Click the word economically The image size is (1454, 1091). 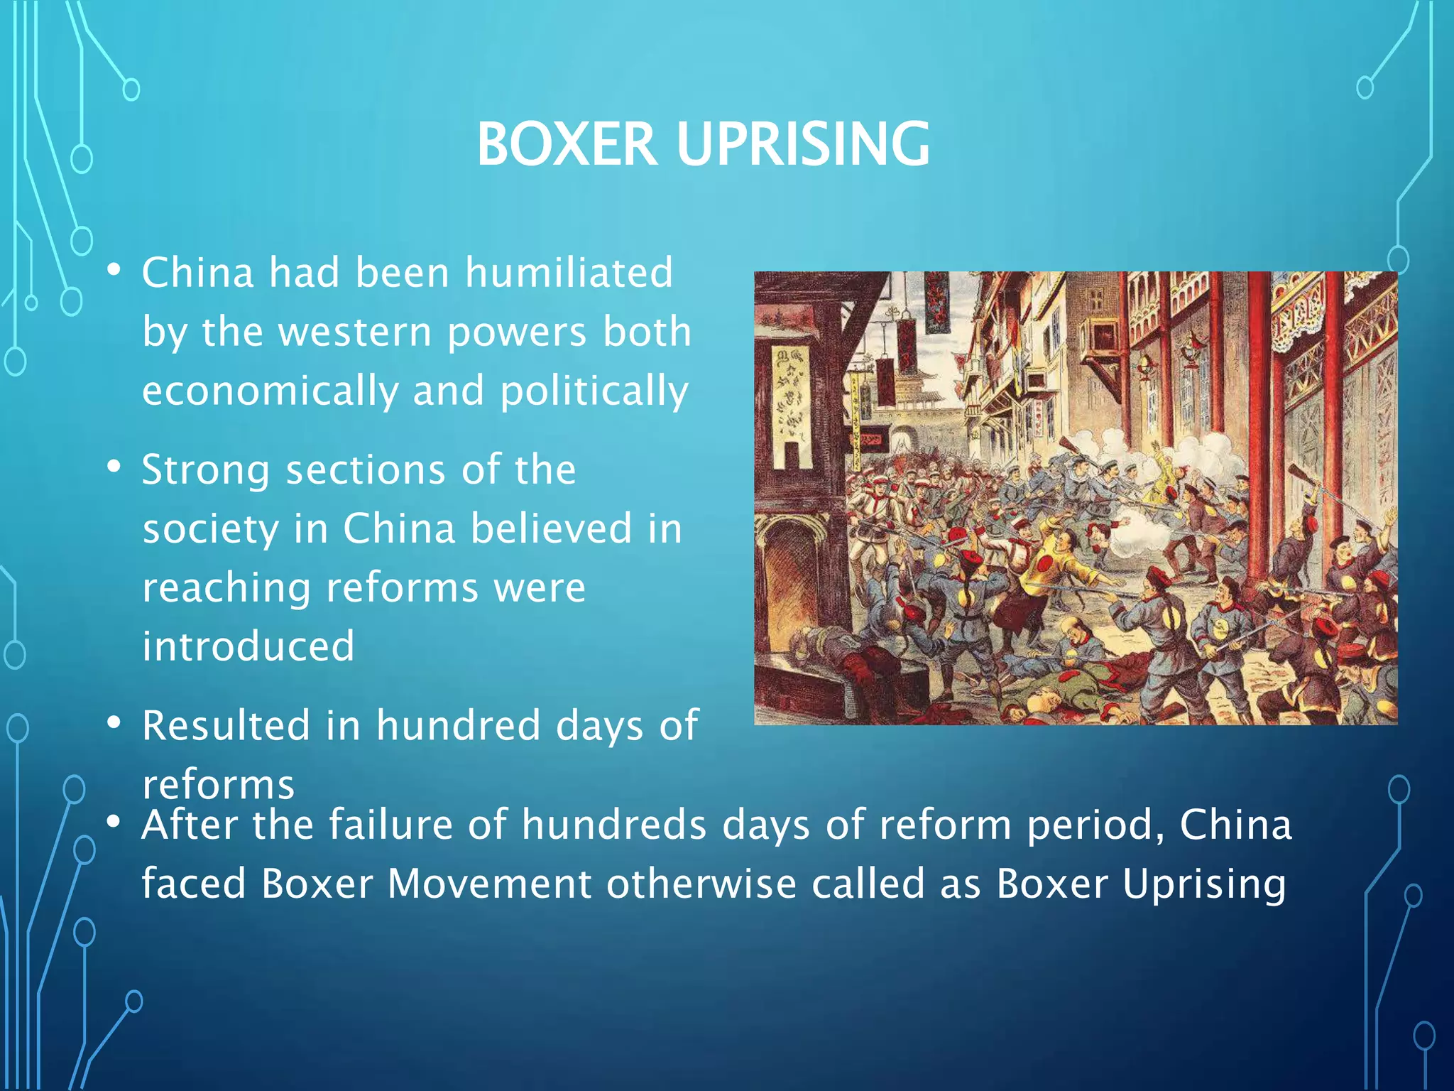pos(270,391)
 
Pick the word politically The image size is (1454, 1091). pos(594,391)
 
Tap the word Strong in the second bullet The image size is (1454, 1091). pos(206,471)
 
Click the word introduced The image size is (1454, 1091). pos(248,646)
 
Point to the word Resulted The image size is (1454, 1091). pos(226,725)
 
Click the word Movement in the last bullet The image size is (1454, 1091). pos(490,884)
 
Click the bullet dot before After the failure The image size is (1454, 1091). pos(114,823)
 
